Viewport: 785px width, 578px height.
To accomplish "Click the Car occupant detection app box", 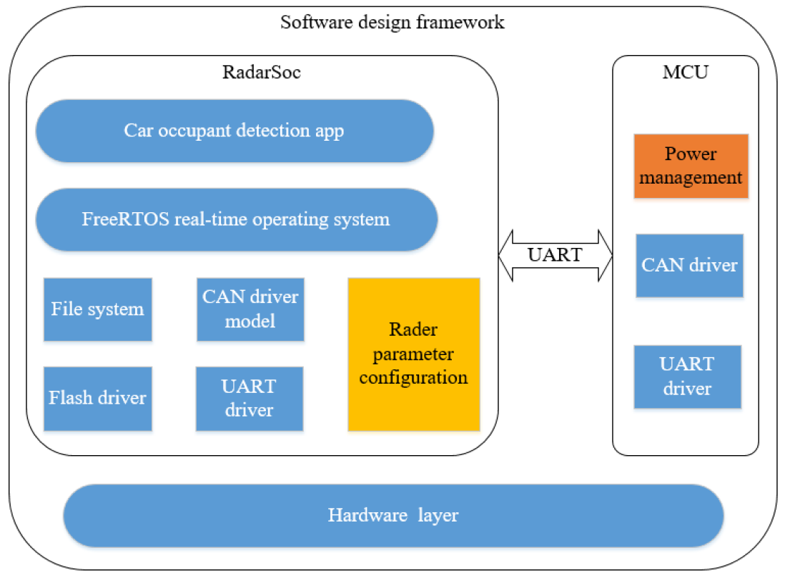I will [234, 131].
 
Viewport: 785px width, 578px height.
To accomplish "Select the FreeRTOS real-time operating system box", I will [237, 219].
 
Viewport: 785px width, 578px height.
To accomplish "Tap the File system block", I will [98, 309].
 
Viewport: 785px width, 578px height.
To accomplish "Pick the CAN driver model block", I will [250, 309].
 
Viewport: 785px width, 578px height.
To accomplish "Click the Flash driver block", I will [98, 398].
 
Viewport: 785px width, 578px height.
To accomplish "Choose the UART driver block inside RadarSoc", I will [250, 398].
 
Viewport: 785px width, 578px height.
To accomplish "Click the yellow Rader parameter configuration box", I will [413, 354].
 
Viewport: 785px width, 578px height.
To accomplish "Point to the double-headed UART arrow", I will [556, 255].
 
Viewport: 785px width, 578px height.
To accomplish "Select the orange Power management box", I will [691, 166].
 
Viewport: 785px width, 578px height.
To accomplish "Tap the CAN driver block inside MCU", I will [689, 265].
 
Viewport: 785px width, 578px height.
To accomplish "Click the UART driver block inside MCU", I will [687, 377].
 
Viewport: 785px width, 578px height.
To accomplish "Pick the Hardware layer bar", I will [393, 515].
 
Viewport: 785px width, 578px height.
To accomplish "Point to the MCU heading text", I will [685, 72].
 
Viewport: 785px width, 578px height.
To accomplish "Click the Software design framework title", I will [392, 22].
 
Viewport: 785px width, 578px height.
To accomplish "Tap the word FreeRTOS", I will [125, 219].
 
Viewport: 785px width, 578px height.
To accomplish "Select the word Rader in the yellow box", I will [413, 329].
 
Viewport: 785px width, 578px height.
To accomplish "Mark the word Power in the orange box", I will [691, 154].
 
